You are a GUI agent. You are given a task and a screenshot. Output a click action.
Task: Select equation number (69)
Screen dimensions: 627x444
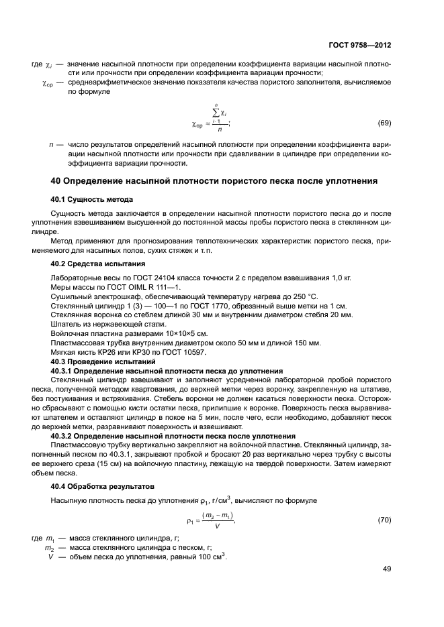coord(384,123)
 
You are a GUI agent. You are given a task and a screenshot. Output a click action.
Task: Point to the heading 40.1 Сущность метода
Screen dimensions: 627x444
coord(91,199)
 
